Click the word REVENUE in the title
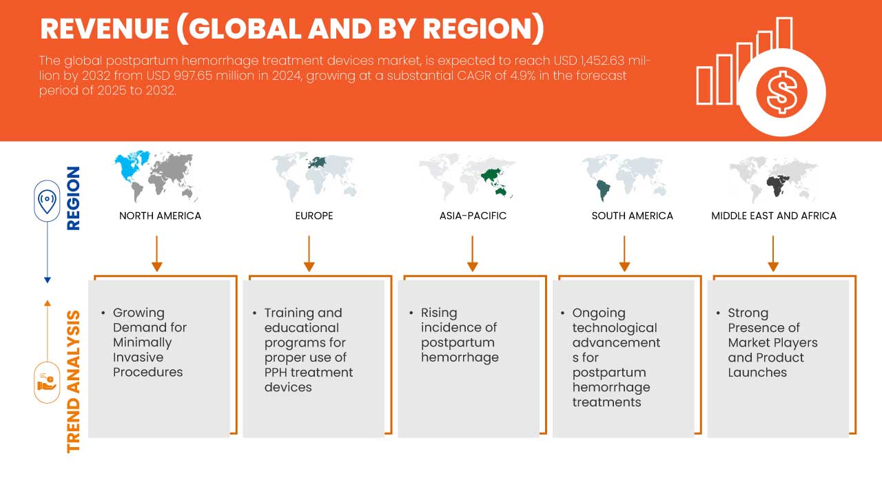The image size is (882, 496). pyautogui.click(x=105, y=29)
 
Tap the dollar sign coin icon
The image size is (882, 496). pyautogui.click(x=781, y=93)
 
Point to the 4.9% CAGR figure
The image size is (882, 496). pyautogui.click(x=523, y=76)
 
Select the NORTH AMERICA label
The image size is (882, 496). pyautogui.click(x=161, y=216)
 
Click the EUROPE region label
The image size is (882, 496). pyautogui.click(x=314, y=216)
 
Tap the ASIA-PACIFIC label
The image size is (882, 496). pyautogui.click(x=473, y=216)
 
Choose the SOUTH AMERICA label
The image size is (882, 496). pyautogui.click(x=633, y=216)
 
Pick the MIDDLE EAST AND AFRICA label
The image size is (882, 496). pyautogui.click(x=774, y=216)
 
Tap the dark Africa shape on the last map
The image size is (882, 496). pyautogui.click(x=777, y=185)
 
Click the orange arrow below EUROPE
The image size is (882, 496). pyautogui.click(x=309, y=254)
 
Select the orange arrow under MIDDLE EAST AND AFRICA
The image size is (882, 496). pyautogui.click(x=773, y=254)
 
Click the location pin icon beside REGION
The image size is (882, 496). pyautogui.click(x=47, y=201)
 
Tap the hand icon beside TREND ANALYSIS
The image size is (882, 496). pyautogui.click(x=47, y=382)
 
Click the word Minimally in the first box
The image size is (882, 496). pyautogui.click(x=142, y=343)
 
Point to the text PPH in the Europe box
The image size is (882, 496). pyautogui.click(x=276, y=373)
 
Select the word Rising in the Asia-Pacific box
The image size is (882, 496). pyautogui.click(x=439, y=313)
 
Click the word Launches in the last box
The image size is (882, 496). pyautogui.click(x=757, y=373)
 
